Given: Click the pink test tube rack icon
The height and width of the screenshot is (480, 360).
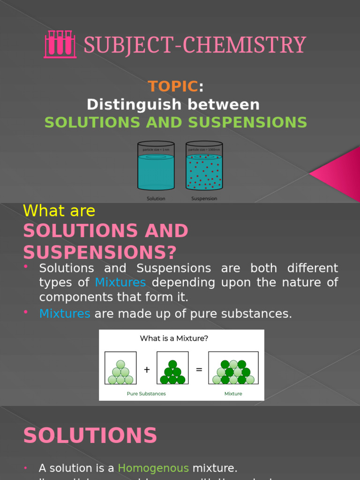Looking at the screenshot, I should (60, 45).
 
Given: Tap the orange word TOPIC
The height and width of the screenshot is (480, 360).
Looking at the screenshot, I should (173, 86).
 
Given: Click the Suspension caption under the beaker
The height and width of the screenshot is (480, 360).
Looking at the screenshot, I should (204, 199).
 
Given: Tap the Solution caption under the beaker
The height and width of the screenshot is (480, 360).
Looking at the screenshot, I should (156, 199).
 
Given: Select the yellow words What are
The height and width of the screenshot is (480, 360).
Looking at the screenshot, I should (59, 211).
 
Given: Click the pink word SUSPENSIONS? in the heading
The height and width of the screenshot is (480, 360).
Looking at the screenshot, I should (100, 253).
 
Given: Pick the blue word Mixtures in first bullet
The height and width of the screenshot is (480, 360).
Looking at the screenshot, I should (120, 282).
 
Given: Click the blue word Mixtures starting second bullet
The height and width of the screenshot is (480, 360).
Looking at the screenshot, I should (65, 314).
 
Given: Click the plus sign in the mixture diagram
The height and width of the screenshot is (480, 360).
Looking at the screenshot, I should (147, 369).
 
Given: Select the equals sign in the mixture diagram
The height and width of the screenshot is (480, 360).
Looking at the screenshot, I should (199, 369).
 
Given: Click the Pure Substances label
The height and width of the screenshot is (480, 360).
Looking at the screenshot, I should (146, 394).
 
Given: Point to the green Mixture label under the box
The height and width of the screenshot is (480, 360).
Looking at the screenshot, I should (233, 394).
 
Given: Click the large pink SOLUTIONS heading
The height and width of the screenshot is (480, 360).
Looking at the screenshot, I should (90, 436).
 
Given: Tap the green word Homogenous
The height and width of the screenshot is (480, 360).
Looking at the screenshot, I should (153, 468).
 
